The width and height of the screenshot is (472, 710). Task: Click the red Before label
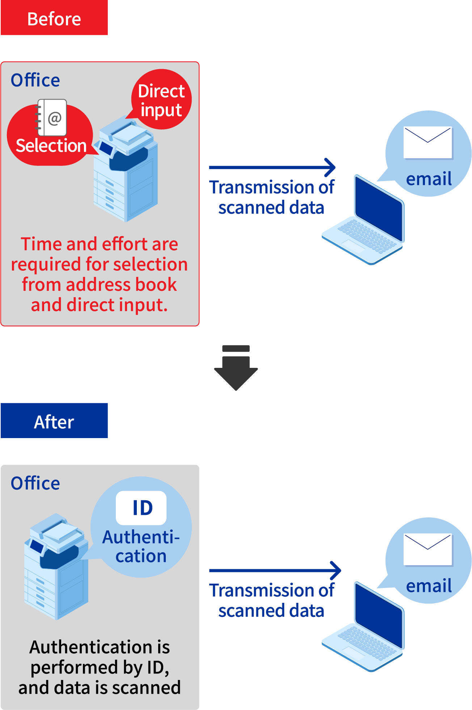54,18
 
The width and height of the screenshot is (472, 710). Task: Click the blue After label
54,421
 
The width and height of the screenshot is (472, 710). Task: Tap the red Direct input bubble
161,100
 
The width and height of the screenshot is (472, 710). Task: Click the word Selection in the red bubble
51,146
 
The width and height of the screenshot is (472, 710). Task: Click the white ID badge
142,508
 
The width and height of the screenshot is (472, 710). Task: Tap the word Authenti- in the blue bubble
141,537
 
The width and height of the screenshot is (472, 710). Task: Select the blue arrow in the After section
275,571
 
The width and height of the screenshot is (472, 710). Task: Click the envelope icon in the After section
428,549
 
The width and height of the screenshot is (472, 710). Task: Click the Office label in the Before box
35,80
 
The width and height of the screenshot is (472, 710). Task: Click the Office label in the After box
35,483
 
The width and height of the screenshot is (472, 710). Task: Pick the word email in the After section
429,586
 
